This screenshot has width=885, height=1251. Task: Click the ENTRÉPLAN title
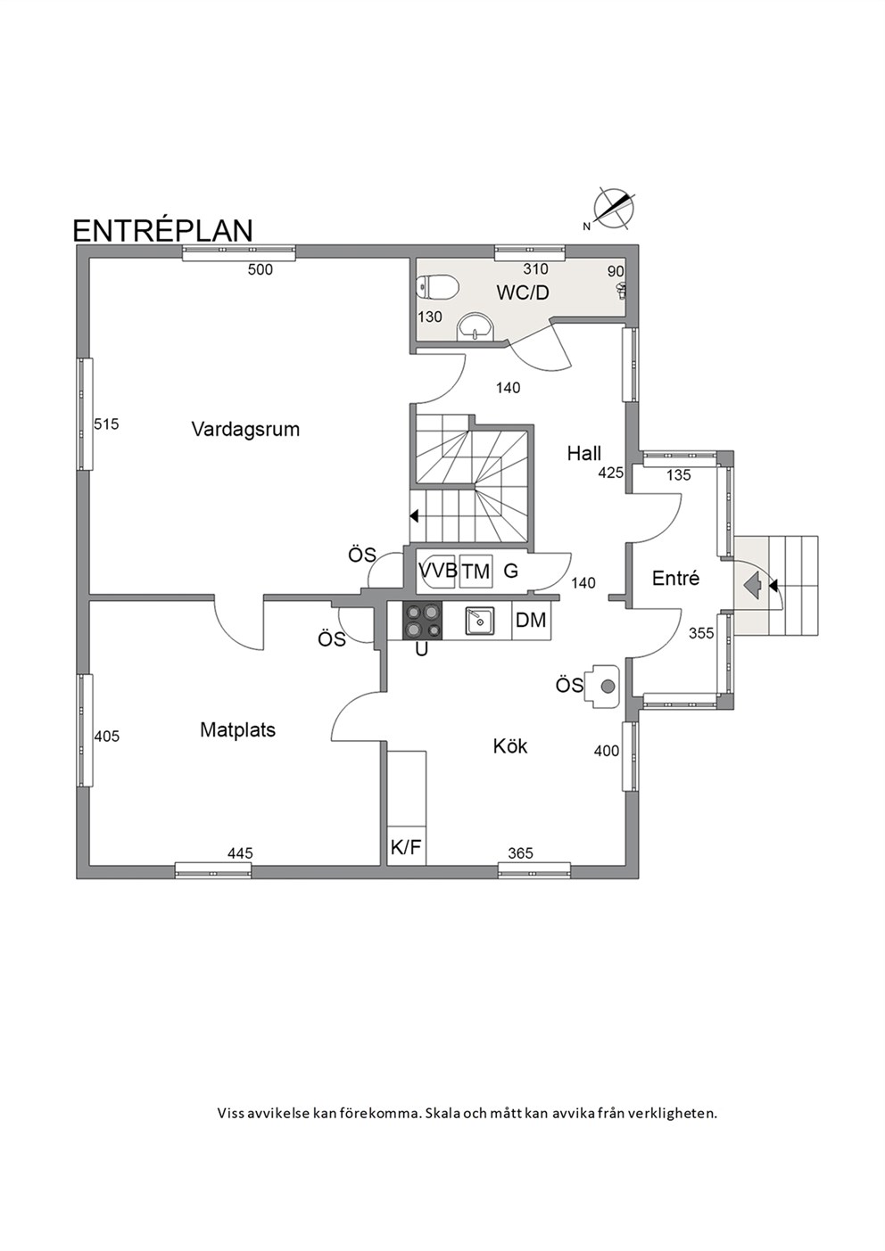[162, 231]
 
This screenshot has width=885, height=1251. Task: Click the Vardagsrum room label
[245, 430]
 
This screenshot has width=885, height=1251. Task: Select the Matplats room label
[237, 730]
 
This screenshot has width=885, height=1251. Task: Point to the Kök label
[510, 746]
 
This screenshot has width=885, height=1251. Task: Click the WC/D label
[523, 292]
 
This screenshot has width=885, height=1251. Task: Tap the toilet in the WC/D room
[438, 287]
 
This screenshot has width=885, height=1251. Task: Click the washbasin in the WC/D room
[476, 326]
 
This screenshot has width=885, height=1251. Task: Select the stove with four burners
[422, 621]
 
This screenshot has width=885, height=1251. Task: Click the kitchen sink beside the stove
[479, 621]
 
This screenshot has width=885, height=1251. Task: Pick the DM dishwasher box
[532, 621]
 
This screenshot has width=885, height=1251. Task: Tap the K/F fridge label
[406, 848]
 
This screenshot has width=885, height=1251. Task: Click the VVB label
[438, 571]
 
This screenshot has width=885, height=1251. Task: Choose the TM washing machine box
[476, 572]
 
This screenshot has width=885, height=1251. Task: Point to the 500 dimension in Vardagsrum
[261, 270]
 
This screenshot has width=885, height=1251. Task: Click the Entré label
[675, 579]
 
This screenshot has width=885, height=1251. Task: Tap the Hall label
[584, 453]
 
